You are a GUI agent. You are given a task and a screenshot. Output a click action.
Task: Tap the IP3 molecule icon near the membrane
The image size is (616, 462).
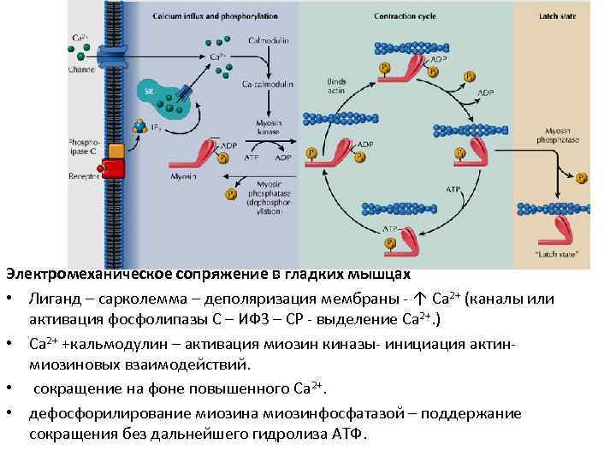pyautogui.click(x=139, y=127)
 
